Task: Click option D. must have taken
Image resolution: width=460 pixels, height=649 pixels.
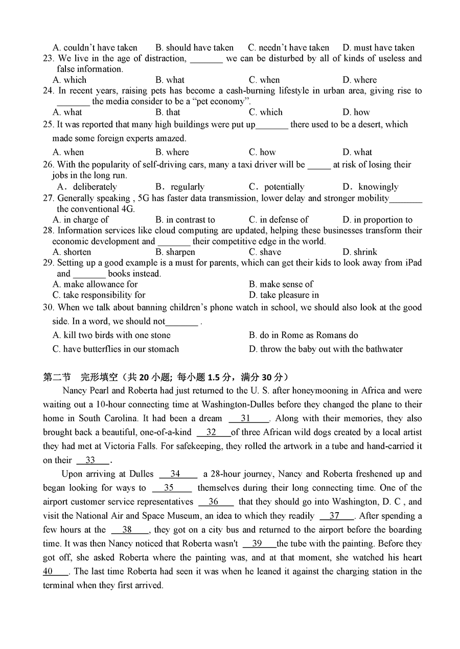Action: pos(378,47)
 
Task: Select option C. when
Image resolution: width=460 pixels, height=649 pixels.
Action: pos(264,80)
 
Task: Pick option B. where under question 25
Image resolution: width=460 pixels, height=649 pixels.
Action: pos(172,152)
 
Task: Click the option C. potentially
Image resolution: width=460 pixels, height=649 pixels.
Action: pos(277,186)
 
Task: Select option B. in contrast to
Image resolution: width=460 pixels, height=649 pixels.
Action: pos(185,220)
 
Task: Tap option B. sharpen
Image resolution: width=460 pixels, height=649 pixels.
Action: pos(175,252)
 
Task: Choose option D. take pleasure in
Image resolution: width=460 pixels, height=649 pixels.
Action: pos(284,295)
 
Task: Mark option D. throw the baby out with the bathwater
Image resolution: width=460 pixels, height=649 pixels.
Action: pos(326,349)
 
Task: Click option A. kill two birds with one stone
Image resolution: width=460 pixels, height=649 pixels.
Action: pos(111,335)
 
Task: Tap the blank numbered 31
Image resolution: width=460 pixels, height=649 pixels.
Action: pos(248,418)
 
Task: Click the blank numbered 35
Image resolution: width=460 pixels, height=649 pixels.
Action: pos(171,488)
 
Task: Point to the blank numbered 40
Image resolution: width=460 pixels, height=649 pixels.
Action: pos(55,571)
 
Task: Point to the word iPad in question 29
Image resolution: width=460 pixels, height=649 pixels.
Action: pos(413,262)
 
